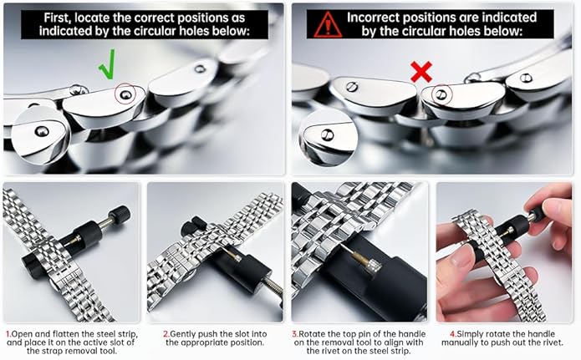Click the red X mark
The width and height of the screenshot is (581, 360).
(x=421, y=72)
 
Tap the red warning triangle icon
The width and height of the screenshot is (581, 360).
(x=328, y=24)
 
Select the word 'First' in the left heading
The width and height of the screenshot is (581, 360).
(x=56, y=18)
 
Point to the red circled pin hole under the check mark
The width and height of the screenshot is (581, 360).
(x=125, y=95)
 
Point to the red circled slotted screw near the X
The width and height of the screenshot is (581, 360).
(x=441, y=95)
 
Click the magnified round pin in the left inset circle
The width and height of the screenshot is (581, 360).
(x=41, y=131)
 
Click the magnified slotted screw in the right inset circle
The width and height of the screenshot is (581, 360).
(x=327, y=134)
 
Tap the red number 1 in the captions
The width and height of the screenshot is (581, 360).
(x=8, y=334)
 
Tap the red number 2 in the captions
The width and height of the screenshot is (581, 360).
(x=166, y=334)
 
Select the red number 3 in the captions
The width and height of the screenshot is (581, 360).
(x=295, y=334)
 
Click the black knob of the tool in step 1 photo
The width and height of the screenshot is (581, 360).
(x=120, y=215)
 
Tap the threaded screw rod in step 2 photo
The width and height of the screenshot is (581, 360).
(x=272, y=286)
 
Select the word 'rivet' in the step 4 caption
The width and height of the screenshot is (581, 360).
(x=552, y=342)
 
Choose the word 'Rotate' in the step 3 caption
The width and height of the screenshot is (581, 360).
(x=312, y=334)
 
